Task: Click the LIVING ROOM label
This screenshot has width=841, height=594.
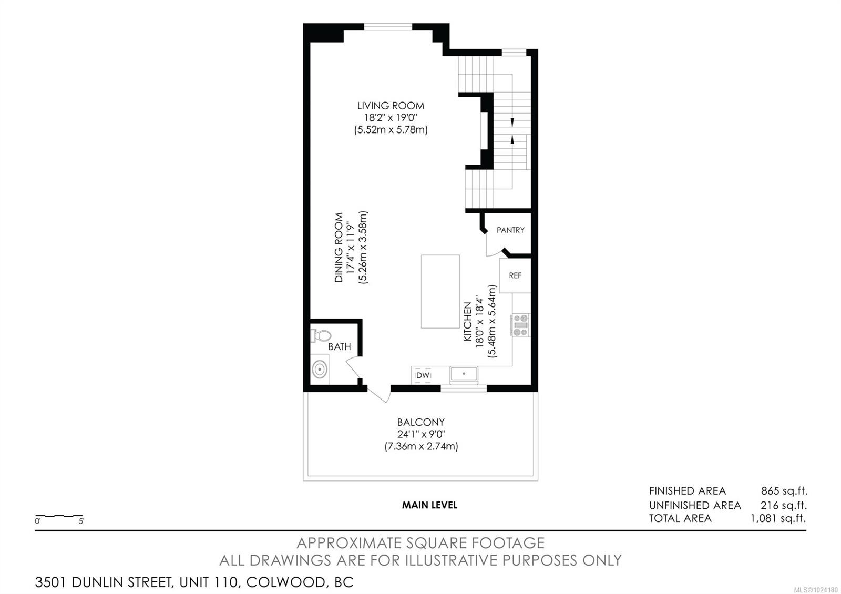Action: pyautogui.click(x=391, y=106)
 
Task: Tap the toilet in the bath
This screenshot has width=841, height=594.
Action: pyautogui.click(x=320, y=335)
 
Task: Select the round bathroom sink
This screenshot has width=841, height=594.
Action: pyautogui.click(x=320, y=370)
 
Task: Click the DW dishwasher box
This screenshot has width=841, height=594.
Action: pyautogui.click(x=423, y=375)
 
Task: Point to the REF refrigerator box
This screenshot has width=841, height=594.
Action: pyautogui.click(x=515, y=275)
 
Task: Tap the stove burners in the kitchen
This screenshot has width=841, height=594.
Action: pyautogui.click(x=520, y=325)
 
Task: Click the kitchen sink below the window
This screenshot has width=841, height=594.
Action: pyautogui.click(x=464, y=374)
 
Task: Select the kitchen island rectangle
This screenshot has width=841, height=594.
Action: pyautogui.click(x=440, y=292)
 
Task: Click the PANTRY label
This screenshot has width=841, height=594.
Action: pyautogui.click(x=510, y=230)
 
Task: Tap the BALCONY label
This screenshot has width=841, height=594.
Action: pyautogui.click(x=420, y=422)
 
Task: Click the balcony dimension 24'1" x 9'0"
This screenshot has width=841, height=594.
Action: pyautogui.click(x=420, y=434)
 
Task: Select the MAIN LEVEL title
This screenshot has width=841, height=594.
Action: pyautogui.click(x=429, y=505)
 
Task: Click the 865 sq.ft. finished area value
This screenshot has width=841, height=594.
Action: pyautogui.click(x=784, y=491)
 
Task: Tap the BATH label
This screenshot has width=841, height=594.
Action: pyautogui.click(x=340, y=346)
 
